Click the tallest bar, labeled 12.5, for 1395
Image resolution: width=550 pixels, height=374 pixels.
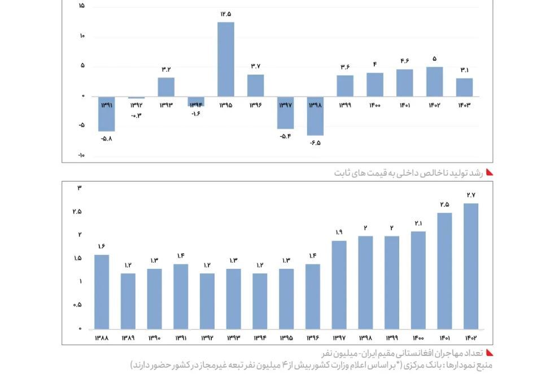point(226,59)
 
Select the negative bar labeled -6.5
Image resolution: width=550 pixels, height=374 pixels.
point(315,116)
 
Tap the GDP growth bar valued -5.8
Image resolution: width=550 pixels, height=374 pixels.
point(106,114)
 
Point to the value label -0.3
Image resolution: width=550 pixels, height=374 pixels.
point(136,115)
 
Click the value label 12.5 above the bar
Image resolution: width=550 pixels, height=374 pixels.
point(226,14)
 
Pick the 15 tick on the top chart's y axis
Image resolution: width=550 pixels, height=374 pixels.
point(81,6)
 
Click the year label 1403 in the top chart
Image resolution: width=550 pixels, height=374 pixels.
point(464,105)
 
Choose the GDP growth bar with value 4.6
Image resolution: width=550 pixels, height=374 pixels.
point(404,83)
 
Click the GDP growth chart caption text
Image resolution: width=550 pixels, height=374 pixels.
point(408,172)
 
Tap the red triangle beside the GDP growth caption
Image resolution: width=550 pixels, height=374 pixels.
point(490,172)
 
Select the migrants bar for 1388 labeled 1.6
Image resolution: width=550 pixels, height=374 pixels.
point(102,292)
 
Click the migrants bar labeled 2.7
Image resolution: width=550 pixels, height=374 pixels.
point(471,266)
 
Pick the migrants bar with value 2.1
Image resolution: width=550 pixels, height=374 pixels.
point(418,280)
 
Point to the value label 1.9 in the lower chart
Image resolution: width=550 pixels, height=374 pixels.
point(339,232)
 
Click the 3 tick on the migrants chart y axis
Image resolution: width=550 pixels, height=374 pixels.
point(80,188)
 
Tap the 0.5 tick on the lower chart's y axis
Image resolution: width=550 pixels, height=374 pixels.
point(77,305)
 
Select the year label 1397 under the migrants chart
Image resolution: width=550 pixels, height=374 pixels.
point(339,338)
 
